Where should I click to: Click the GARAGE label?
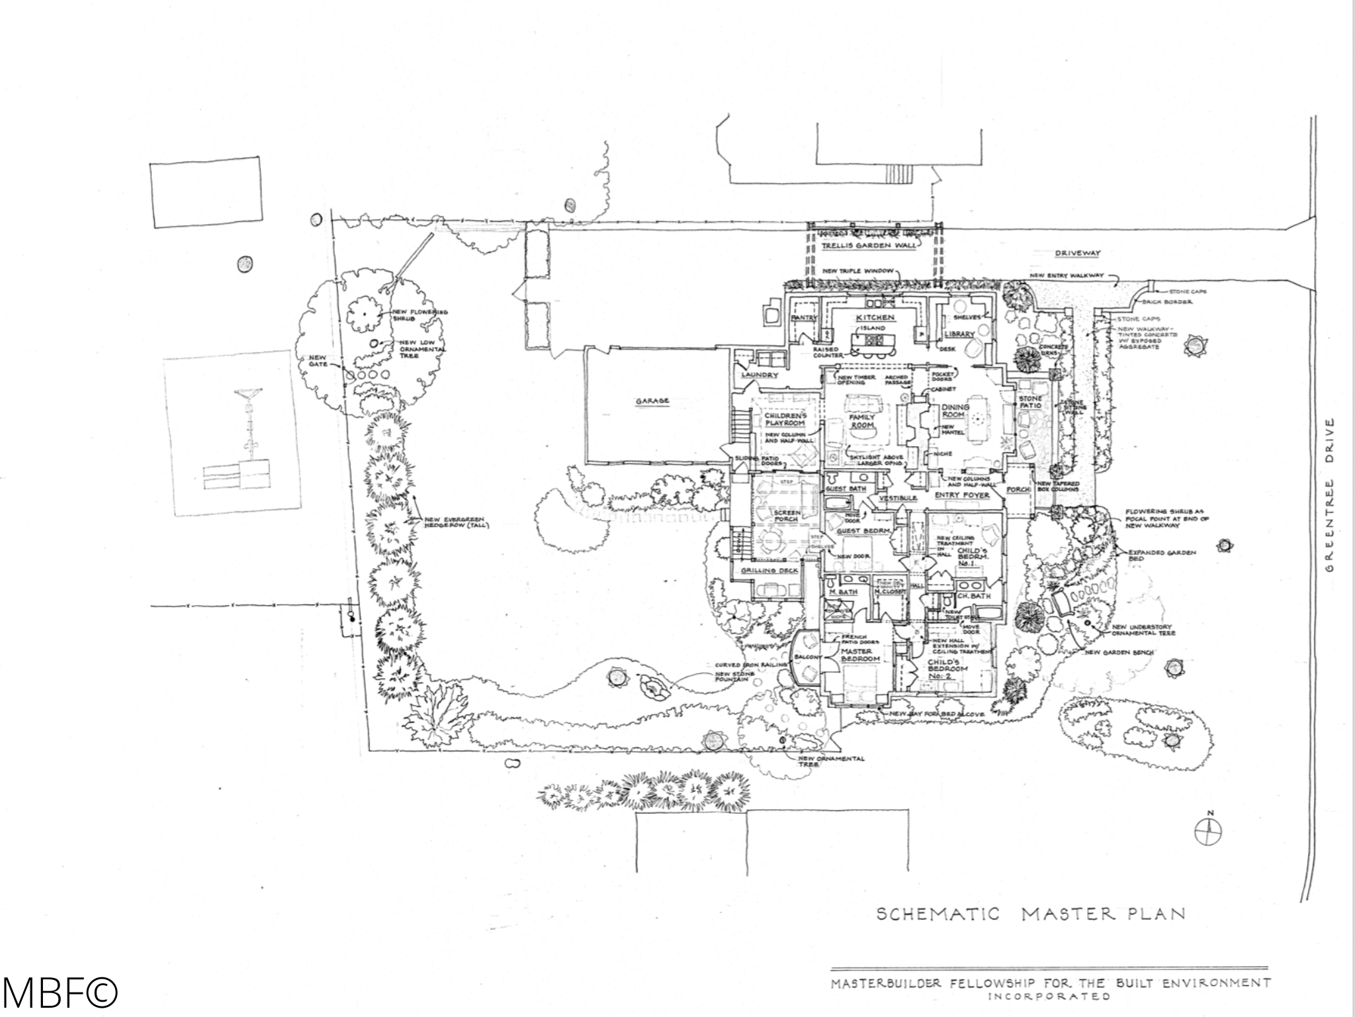tap(652, 401)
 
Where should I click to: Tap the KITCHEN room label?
tap(875, 318)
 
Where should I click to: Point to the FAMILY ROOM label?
tap(862, 422)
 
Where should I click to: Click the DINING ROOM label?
tap(955, 411)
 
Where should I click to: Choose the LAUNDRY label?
tap(760, 375)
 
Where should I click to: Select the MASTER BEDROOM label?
tap(860, 655)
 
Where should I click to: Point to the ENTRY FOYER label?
tap(962, 495)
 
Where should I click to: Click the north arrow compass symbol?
tap(1208, 830)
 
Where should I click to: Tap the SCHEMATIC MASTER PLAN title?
tap(1030, 914)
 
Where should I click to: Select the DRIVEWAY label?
tap(1077, 253)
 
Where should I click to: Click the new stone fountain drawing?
tap(654, 687)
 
